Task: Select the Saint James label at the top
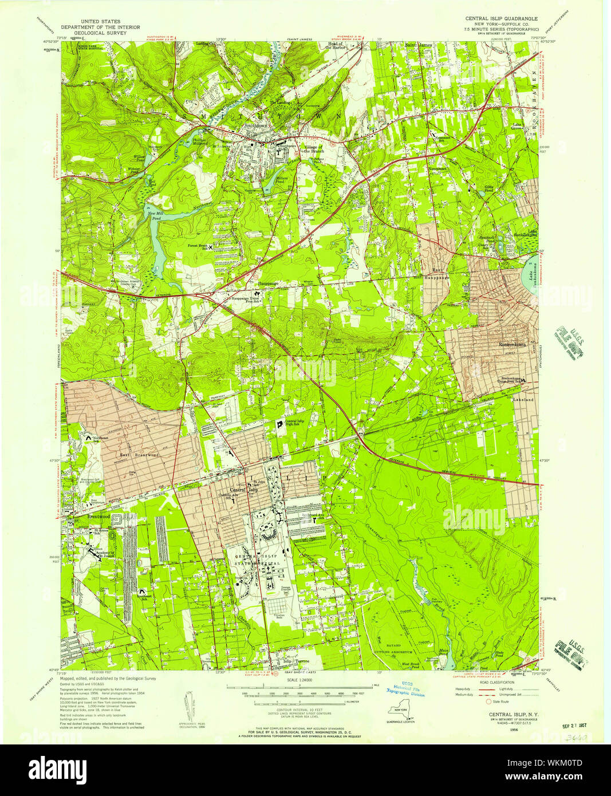[x=419, y=44]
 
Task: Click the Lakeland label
[x=523, y=399]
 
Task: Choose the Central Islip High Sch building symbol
[x=280, y=424]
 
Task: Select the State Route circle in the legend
[x=488, y=702]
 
